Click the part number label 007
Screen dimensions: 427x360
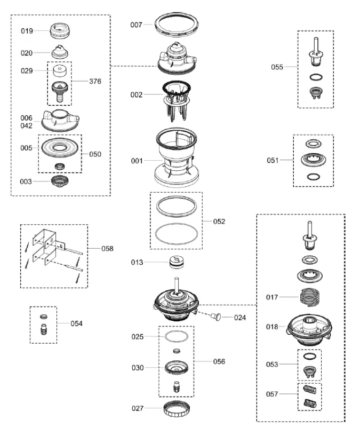[137, 25]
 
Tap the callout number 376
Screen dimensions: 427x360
[95, 82]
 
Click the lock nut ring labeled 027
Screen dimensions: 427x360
[176, 410]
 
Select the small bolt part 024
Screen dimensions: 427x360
[217, 317]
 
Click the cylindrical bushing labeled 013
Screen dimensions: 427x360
[176, 263]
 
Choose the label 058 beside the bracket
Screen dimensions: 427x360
[107, 248]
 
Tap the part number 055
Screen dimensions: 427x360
[277, 67]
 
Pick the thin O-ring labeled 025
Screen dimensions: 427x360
[176, 337]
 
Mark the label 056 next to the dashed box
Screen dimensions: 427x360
[219, 361]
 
